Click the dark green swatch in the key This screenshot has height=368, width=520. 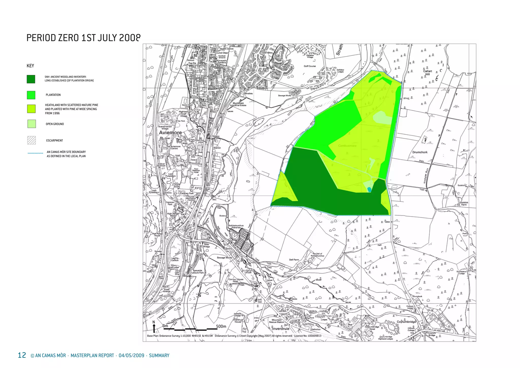[x=31, y=79]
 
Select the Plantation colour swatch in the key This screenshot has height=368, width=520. [x=31, y=95]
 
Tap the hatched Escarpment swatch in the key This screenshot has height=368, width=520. [x=31, y=140]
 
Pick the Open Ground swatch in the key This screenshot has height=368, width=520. [x=31, y=124]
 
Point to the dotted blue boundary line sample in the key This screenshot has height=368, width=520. [x=35, y=153]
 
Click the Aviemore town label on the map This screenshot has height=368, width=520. [x=170, y=133]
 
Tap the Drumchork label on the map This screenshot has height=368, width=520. [x=420, y=152]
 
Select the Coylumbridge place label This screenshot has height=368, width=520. [x=406, y=322]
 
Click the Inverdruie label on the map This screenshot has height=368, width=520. [x=281, y=329]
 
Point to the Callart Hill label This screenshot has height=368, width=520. [x=428, y=73]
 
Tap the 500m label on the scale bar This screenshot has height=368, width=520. [x=221, y=326]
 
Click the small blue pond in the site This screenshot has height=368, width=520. [x=369, y=190]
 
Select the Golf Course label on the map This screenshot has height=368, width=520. [x=310, y=66]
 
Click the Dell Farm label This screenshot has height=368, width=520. [x=294, y=260]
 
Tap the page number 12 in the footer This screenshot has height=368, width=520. [x=22, y=355]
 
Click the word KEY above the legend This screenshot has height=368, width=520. [x=30, y=66]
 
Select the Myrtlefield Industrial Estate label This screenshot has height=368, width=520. [x=238, y=104]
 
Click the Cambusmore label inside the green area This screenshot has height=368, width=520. [x=347, y=146]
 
